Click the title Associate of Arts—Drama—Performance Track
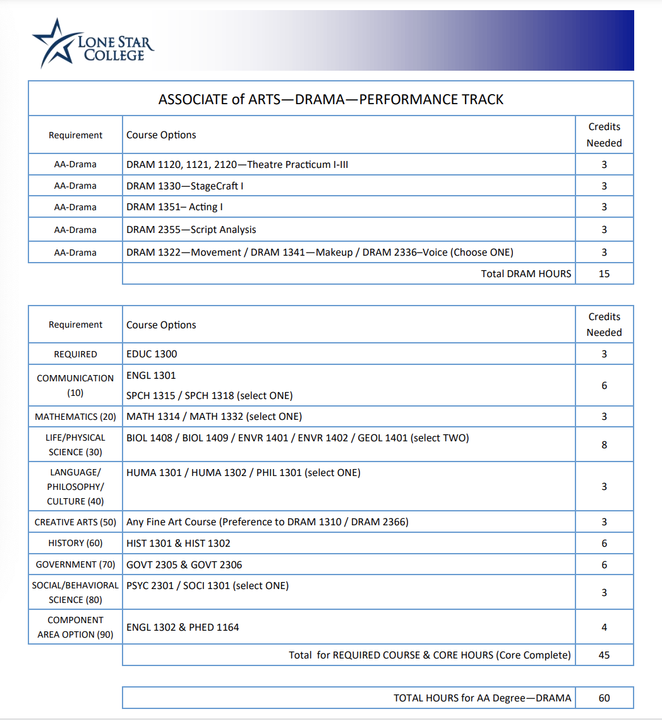[x=331, y=99]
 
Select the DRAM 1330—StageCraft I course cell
[x=185, y=186]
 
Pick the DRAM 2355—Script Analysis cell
[x=191, y=230]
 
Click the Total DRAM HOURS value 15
[x=604, y=274]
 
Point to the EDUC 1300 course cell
[x=152, y=354]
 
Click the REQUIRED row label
[x=75, y=354]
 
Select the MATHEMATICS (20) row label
[x=75, y=417]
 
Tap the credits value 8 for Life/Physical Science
[x=604, y=444]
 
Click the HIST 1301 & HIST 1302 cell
[x=178, y=543]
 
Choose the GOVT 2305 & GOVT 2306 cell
[x=184, y=564]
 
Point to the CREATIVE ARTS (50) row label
[x=75, y=522]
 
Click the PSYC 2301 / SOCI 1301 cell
[x=207, y=586]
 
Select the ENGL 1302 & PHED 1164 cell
[x=183, y=628]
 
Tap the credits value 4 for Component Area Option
[x=604, y=628]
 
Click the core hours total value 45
[x=604, y=655]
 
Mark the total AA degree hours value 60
[x=604, y=698]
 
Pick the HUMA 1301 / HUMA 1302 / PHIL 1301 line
[x=243, y=473]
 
